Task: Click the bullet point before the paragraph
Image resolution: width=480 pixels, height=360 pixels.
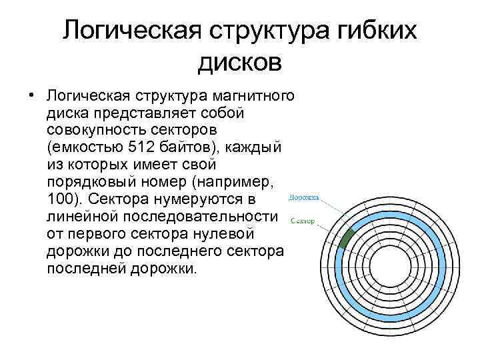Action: [31, 94]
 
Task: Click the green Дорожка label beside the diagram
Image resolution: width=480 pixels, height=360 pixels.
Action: [304, 197]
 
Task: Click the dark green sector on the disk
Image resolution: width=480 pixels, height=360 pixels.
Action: [345, 238]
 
